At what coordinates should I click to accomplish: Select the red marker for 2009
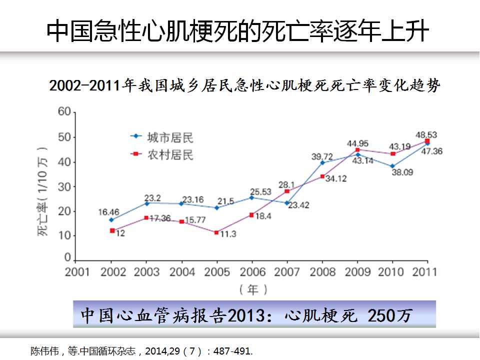357,149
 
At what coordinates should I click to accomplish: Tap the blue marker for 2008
322,162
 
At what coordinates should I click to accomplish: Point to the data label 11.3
227,233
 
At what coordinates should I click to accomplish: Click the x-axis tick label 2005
218,272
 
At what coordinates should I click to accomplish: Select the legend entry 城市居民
169,136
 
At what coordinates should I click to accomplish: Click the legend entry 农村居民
169,154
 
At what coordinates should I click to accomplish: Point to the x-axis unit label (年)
253,289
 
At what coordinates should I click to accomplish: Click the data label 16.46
108,211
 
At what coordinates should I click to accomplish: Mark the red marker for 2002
112,230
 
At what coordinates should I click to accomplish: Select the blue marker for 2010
392,166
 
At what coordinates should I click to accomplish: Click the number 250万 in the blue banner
390,315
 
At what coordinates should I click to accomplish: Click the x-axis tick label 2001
77,272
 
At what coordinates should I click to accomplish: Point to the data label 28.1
286,183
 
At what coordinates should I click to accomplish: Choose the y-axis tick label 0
67,257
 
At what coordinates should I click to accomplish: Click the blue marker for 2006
251,197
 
